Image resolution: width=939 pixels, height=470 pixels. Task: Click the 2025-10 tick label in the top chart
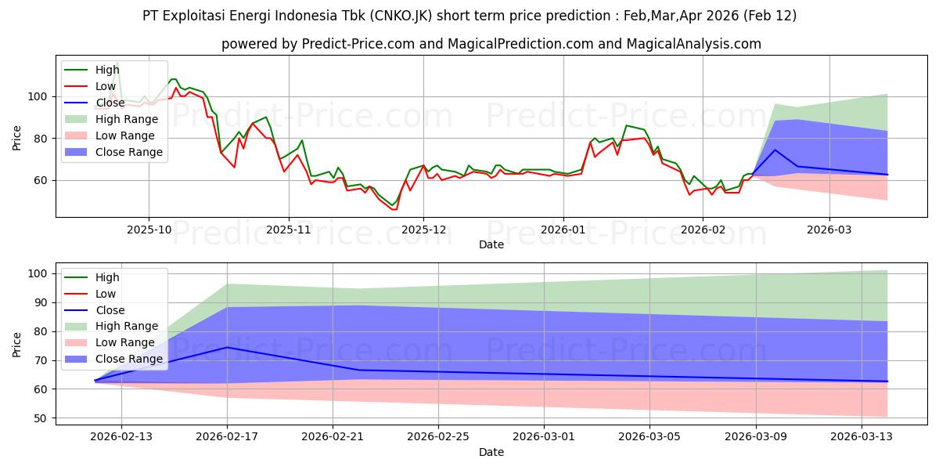[x=149, y=230]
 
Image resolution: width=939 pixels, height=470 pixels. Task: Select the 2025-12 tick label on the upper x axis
[x=423, y=230]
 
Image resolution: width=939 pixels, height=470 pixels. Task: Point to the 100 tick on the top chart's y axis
[x=40, y=97]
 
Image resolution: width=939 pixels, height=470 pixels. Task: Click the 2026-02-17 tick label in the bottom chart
[x=227, y=437]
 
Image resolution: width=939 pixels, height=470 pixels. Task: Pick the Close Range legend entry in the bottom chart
[x=131, y=359]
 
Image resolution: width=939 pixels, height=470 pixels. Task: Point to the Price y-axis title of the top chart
[x=17, y=138]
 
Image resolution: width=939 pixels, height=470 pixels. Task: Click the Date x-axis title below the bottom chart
[x=491, y=452]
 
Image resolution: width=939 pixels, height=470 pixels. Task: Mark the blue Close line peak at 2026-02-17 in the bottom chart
[x=227, y=347]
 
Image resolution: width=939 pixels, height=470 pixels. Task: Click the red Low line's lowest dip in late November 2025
[x=394, y=209]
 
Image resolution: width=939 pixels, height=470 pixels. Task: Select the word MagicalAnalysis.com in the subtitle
[x=693, y=44]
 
